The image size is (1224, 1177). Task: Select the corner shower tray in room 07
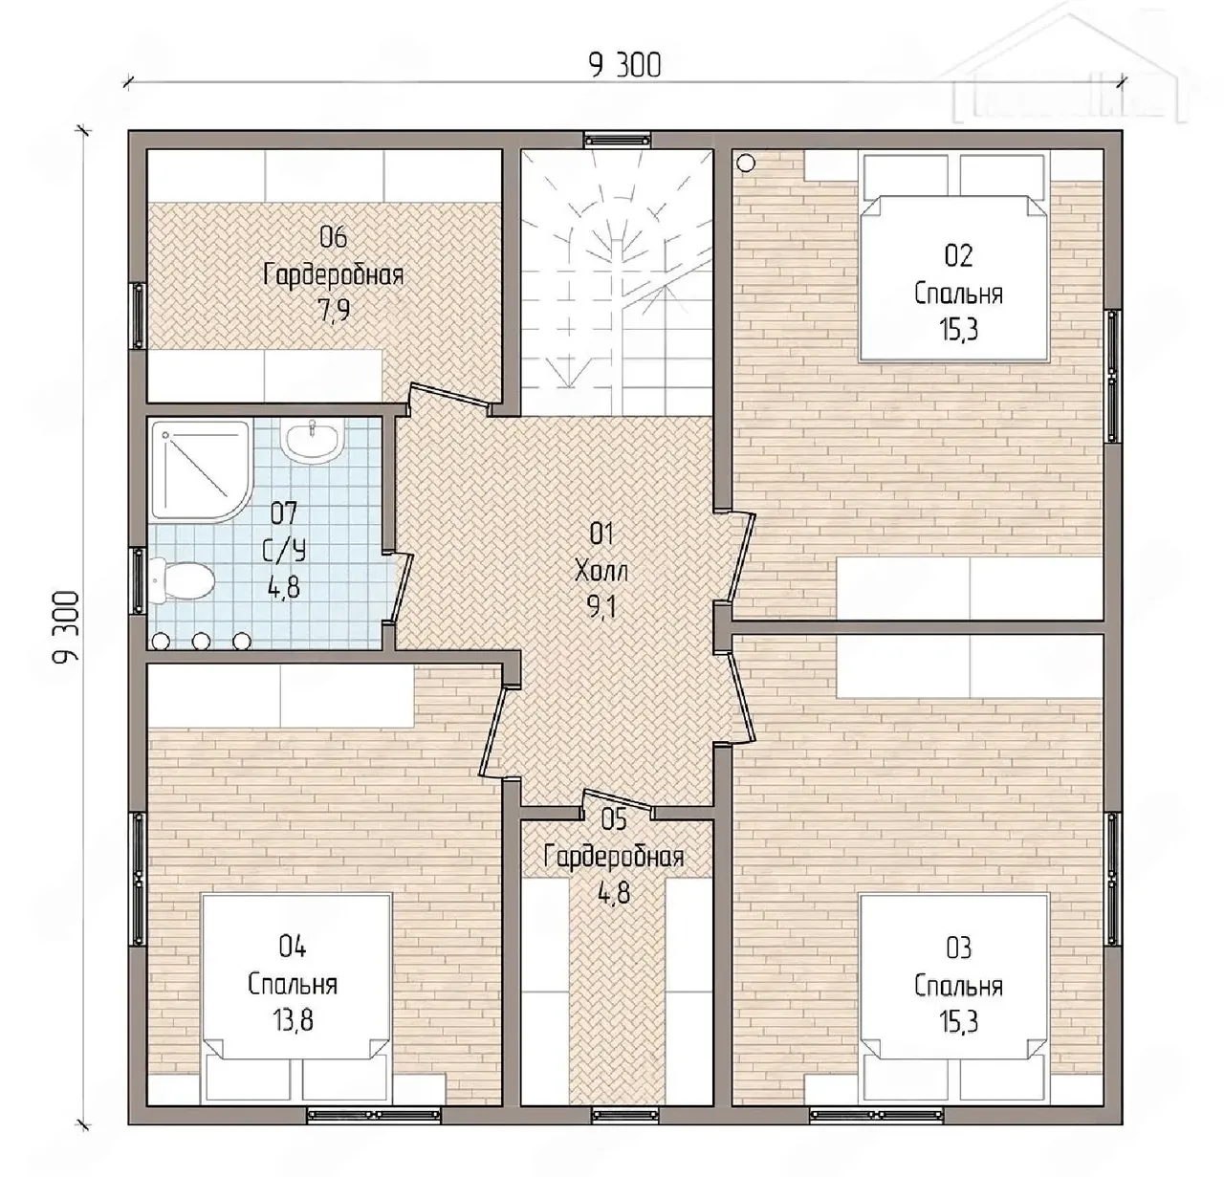[200, 470]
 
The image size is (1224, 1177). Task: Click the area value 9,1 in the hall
[601, 608]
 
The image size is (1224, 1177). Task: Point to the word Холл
[601, 572]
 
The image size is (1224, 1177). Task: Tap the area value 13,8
[293, 1020]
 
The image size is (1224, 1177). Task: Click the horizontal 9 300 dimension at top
[625, 65]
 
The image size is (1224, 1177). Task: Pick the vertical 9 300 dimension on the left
[65, 626]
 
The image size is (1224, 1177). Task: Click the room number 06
[333, 238]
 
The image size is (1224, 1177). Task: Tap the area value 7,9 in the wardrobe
[334, 311]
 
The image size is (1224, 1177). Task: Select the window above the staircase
[617, 139]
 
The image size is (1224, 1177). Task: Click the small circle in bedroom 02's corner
[745, 163]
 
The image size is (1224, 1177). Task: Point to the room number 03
[958, 948]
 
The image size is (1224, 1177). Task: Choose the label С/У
[283, 551]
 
